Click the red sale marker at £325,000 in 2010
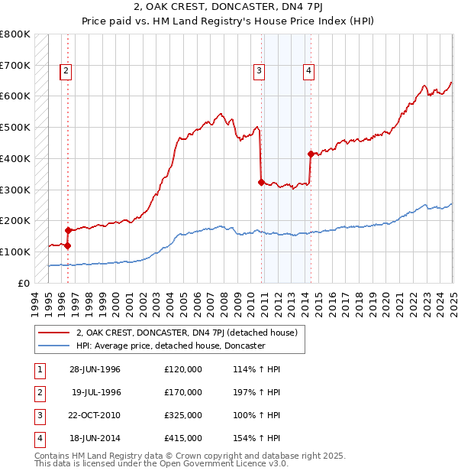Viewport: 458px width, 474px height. click(261, 182)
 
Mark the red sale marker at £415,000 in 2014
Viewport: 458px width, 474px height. click(311, 154)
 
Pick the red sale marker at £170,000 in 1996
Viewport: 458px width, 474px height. click(68, 230)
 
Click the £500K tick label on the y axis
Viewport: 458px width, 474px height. click(15, 127)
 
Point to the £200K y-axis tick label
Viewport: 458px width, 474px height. click(15, 220)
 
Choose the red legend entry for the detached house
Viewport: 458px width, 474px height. click(191, 333)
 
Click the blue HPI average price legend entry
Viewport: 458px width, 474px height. click(170, 346)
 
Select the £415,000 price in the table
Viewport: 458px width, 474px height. click(183, 438)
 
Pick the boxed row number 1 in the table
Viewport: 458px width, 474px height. click(38, 370)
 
